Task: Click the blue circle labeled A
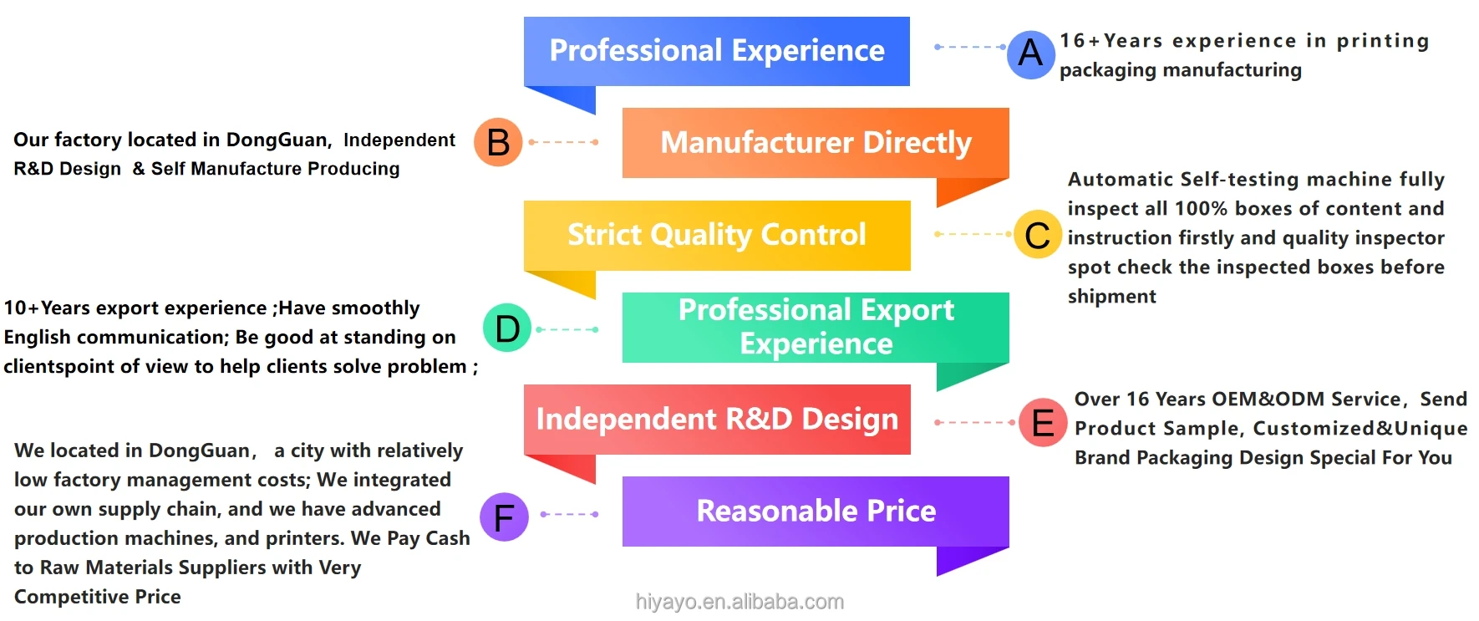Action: pyautogui.click(x=1031, y=54)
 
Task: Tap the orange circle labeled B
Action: pyautogui.click(x=498, y=142)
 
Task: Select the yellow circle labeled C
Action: pyautogui.click(x=1038, y=235)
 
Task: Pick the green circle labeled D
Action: pyautogui.click(x=507, y=328)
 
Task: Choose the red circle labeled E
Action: pyautogui.click(x=1043, y=423)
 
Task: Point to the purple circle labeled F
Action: pyautogui.click(x=504, y=517)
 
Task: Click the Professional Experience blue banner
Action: pyautogui.click(x=716, y=52)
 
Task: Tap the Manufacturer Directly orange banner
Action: pyautogui.click(x=816, y=143)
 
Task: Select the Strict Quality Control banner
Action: pyautogui.click(x=716, y=235)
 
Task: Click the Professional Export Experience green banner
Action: pyautogui.click(x=816, y=327)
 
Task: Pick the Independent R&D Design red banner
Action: pyautogui.click(x=716, y=419)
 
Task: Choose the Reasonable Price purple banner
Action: pyautogui.click(x=816, y=511)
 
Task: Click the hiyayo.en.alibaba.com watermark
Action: pyautogui.click(x=739, y=602)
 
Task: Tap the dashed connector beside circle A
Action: pyautogui.click(x=969, y=47)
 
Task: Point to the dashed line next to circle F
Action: pyautogui.click(x=569, y=514)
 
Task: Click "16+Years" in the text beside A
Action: pyautogui.click(x=1111, y=41)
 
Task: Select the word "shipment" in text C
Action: pyautogui.click(x=1111, y=297)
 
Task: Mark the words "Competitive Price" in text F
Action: pyautogui.click(x=97, y=597)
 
